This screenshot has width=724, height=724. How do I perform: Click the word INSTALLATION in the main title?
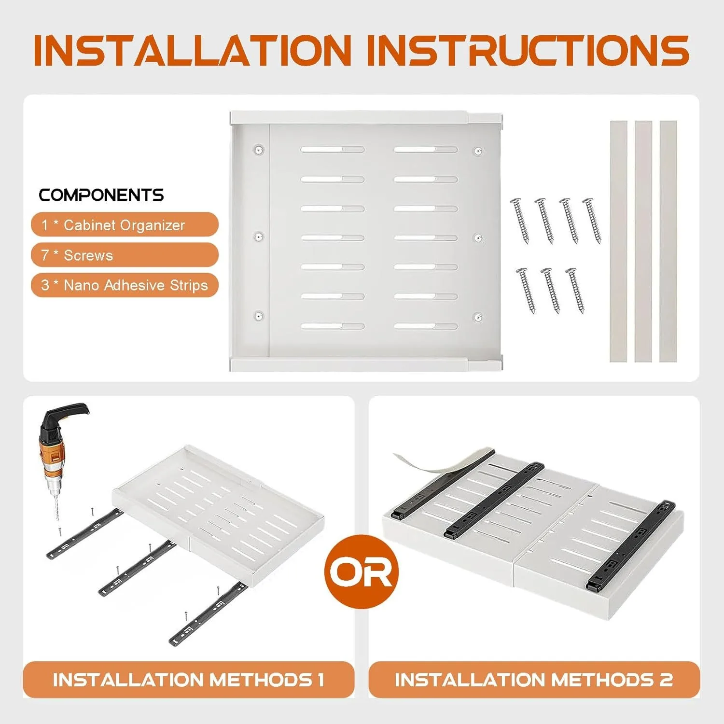tap(193, 50)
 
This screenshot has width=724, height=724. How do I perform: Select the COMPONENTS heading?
tap(101, 195)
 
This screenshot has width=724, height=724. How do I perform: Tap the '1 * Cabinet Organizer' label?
tap(125, 224)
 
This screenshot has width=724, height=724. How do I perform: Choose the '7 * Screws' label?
tap(125, 255)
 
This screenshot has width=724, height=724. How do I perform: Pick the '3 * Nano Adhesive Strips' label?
tap(125, 285)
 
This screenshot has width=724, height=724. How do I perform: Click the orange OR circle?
tap(362, 571)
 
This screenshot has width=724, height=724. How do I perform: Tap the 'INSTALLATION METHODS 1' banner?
tap(189, 680)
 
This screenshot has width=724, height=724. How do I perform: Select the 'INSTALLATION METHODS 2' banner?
tap(534, 680)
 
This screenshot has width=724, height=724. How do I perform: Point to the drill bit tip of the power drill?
tap(57, 519)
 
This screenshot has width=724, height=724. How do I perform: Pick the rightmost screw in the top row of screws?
tap(592, 220)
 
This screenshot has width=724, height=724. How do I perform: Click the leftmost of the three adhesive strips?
tap(618, 241)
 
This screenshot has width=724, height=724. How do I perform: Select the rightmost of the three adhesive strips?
tap(668, 241)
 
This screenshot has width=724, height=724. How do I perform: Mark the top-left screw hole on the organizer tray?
tap(259, 150)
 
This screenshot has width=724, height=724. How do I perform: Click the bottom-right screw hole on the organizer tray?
tap(478, 317)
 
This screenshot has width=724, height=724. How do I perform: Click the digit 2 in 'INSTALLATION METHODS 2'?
tap(666, 680)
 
